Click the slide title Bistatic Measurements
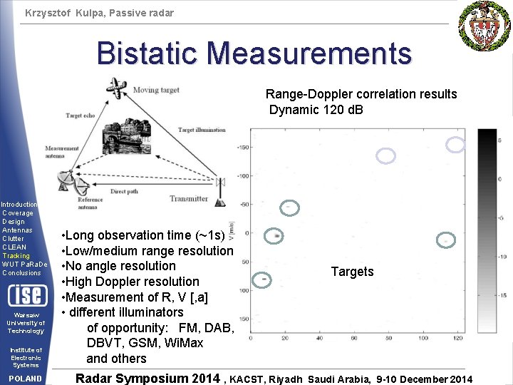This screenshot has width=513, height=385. [x=254, y=53]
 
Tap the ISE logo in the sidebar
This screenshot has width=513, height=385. [x=26, y=294]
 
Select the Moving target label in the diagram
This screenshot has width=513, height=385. [x=155, y=91]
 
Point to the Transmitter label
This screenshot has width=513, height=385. [x=189, y=199]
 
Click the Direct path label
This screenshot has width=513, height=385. [x=123, y=192]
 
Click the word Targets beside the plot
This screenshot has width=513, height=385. [x=352, y=272]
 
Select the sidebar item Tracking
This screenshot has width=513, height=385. [x=16, y=255]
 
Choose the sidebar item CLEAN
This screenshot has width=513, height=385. [x=14, y=247]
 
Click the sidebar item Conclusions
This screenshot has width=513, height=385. [x=21, y=272]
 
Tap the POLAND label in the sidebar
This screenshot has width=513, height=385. [x=25, y=379]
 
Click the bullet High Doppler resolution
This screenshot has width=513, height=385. [x=131, y=282]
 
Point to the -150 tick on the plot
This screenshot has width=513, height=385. [x=243, y=148]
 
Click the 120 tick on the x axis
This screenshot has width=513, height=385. [x=457, y=337]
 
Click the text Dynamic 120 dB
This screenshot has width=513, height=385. [x=316, y=109]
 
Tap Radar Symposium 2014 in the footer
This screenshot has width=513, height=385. [x=147, y=378]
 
